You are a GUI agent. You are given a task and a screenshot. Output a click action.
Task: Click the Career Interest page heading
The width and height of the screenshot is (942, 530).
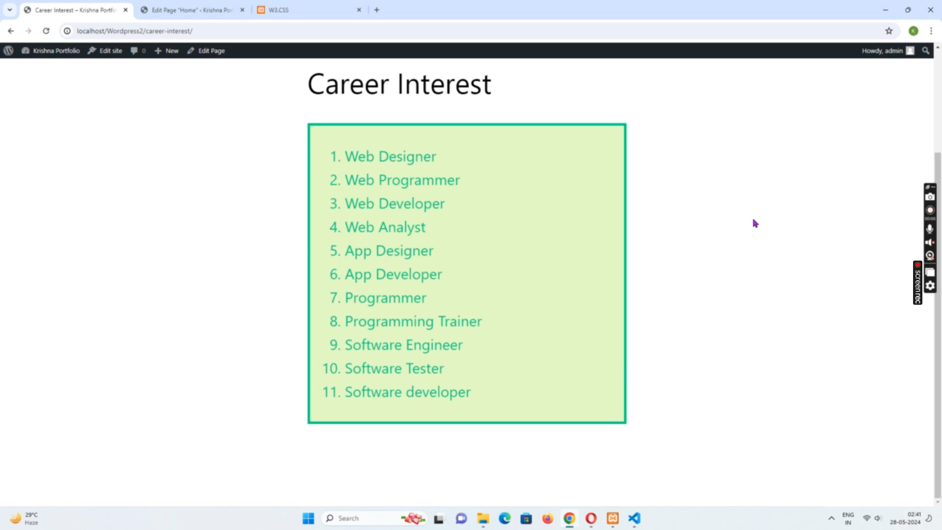[399, 84]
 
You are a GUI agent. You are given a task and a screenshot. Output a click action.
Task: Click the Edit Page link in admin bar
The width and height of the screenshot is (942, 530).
[206, 51]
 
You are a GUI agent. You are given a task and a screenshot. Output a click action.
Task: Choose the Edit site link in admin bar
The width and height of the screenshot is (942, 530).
[105, 51]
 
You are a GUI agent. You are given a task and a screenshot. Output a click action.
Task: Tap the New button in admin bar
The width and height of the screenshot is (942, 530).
[167, 51]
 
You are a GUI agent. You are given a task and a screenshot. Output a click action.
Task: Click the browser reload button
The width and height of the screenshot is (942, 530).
[46, 31]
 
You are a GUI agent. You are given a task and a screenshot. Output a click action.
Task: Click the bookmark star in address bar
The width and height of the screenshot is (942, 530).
[889, 31]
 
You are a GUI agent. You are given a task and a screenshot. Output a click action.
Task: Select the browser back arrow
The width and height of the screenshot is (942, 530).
[11, 31]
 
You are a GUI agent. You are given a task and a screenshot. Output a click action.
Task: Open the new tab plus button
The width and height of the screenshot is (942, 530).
[377, 10]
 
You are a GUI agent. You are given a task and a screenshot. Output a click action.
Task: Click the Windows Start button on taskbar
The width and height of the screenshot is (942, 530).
[308, 518]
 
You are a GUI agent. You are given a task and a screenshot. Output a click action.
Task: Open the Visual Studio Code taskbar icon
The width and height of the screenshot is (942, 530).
[634, 518]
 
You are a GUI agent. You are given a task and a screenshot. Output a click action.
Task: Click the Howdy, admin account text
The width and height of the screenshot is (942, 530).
[882, 51]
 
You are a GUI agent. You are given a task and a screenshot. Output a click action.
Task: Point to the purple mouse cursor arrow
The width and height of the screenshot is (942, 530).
[756, 224]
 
